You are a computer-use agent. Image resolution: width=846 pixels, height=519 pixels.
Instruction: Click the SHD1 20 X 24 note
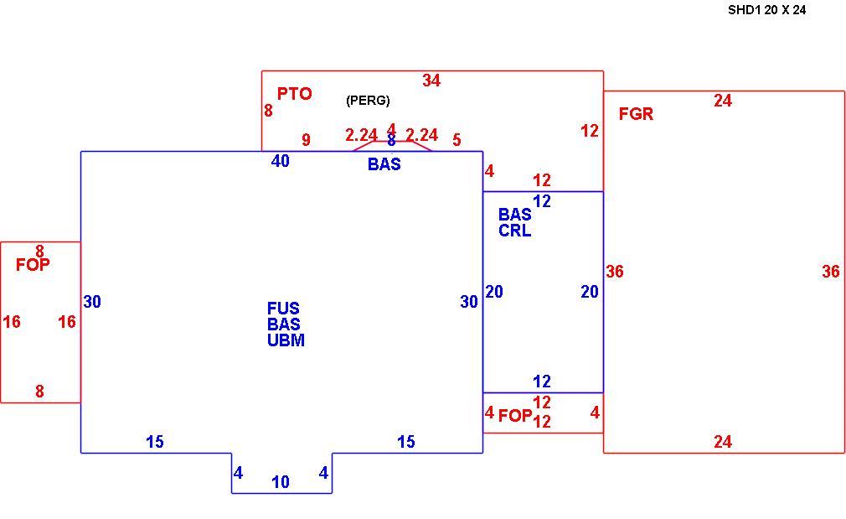[x=766, y=10]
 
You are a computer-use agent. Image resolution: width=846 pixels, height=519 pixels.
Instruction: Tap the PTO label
[x=295, y=94]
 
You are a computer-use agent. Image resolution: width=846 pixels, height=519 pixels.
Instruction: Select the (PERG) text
[x=368, y=101]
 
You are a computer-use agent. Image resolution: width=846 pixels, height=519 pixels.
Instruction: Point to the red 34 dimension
[x=431, y=80]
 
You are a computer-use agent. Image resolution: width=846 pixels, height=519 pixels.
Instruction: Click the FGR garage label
[x=636, y=114]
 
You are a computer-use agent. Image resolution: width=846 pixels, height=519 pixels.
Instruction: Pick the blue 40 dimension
[x=280, y=161]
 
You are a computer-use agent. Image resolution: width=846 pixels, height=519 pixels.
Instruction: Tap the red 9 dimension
[x=306, y=140]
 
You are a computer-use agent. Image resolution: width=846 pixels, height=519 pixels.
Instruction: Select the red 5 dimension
[x=457, y=140]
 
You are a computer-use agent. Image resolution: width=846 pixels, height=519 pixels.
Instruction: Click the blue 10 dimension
[x=281, y=482]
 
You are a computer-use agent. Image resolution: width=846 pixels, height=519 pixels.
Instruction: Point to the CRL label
[x=515, y=231]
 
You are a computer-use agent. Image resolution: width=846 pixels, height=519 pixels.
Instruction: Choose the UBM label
[x=286, y=340]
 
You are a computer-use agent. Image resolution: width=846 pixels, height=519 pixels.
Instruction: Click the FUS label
[x=283, y=309]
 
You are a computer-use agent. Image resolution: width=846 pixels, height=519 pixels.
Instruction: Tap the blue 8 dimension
[x=391, y=140]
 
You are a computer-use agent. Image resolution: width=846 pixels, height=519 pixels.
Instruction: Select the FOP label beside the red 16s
[x=33, y=265]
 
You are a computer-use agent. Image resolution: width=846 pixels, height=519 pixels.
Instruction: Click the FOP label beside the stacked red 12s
[x=515, y=416]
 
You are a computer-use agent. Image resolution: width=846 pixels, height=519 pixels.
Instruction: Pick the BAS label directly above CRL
[x=515, y=215]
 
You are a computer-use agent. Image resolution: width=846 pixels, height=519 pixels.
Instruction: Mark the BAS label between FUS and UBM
[x=284, y=324]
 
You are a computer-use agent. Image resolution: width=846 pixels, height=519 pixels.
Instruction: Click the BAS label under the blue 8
[x=384, y=164]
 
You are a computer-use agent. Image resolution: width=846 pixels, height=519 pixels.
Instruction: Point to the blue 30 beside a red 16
[x=92, y=302]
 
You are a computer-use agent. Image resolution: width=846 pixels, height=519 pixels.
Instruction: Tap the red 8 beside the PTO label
[x=268, y=111]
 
